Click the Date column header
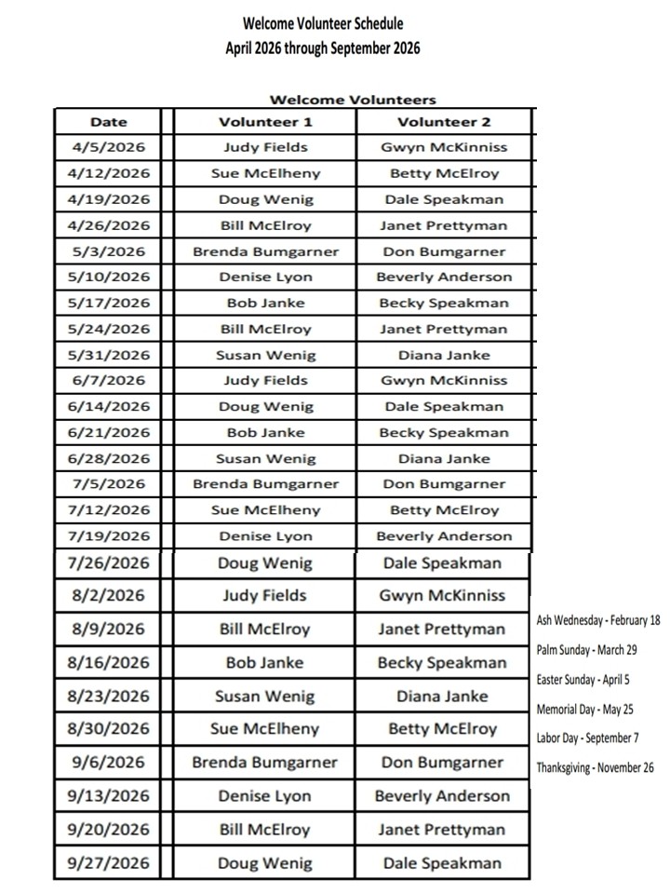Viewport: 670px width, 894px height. [x=108, y=122]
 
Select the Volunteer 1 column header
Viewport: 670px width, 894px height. [x=265, y=122]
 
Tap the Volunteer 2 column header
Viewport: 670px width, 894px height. [x=444, y=122]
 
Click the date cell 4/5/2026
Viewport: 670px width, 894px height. [x=108, y=147]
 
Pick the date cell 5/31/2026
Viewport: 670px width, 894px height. [x=108, y=355]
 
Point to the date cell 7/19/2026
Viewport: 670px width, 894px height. [x=108, y=535]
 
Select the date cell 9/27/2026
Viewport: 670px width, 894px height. [x=108, y=863]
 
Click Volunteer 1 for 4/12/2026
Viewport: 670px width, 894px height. [x=265, y=173]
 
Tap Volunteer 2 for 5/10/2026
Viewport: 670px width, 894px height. [x=444, y=277]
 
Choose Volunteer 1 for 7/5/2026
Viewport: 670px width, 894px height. [x=265, y=484]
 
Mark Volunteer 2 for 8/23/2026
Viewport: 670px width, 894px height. [x=443, y=696]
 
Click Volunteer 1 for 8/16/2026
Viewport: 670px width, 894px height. [x=265, y=663]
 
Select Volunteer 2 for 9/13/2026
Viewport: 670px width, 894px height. [x=443, y=796]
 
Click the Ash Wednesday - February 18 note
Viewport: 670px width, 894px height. [x=598, y=620]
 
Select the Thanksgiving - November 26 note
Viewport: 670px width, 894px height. [x=596, y=768]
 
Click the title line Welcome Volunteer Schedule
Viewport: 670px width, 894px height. [x=323, y=22]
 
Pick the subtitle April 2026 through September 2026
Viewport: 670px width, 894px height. [x=323, y=47]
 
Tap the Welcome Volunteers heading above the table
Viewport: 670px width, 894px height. [x=353, y=100]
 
